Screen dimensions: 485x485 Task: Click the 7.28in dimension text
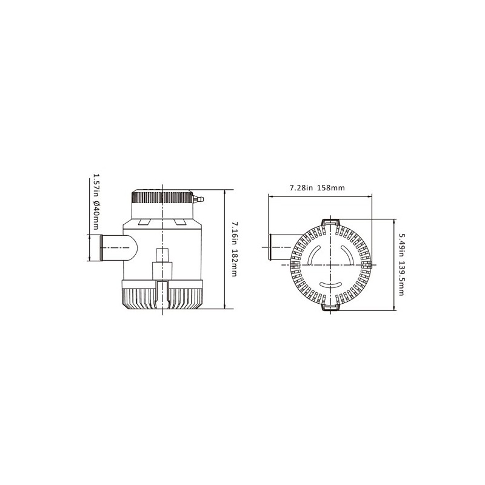coord(301,188)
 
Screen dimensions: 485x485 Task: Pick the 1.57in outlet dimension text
coord(96,184)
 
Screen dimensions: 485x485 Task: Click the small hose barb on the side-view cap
coord(198,199)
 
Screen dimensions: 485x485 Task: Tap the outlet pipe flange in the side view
coord(101,248)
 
